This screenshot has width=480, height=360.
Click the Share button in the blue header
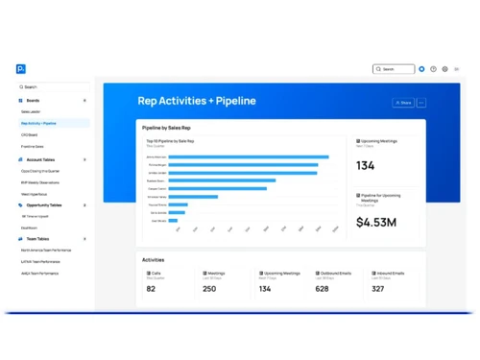click(x=403, y=103)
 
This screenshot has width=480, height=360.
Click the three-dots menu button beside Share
click(x=421, y=103)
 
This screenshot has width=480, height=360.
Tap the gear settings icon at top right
click(x=444, y=69)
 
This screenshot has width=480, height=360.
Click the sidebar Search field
click(x=53, y=86)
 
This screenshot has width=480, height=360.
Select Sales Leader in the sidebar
click(x=32, y=111)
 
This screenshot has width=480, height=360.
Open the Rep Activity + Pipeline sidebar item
click(x=39, y=123)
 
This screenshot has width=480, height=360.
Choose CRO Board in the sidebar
click(x=30, y=134)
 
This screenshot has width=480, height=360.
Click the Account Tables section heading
click(x=40, y=159)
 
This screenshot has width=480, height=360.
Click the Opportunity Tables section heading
click(x=44, y=204)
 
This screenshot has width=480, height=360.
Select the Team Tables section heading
click(x=38, y=239)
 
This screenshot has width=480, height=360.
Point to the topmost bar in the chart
click(x=249, y=156)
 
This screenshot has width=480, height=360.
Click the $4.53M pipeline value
click(x=376, y=223)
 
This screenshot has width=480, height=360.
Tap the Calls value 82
click(x=152, y=288)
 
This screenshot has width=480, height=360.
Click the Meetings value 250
click(x=209, y=288)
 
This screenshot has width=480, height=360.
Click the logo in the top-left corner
click(x=21, y=69)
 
